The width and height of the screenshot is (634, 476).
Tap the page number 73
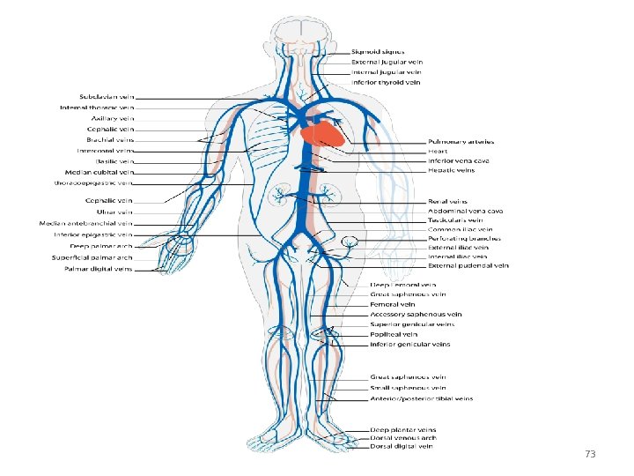pos(590,454)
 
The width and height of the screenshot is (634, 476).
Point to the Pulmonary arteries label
pos(461,141)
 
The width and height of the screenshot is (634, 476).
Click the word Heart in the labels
pos(438,151)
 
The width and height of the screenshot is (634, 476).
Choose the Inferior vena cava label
pos(458,160)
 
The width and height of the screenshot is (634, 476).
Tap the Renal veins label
pos(447,201)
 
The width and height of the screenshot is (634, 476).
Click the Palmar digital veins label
pos(99,269)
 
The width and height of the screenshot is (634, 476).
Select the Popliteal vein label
pos(392,334)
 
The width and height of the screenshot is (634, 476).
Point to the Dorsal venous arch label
pos(402,437)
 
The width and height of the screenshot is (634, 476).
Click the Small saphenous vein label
pos(408,388)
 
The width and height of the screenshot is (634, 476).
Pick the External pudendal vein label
pos(468,265)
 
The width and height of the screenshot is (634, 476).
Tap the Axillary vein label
pos(113,118)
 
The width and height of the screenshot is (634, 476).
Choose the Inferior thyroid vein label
pos(386,82)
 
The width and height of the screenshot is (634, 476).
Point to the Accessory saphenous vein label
pos(416,314)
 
